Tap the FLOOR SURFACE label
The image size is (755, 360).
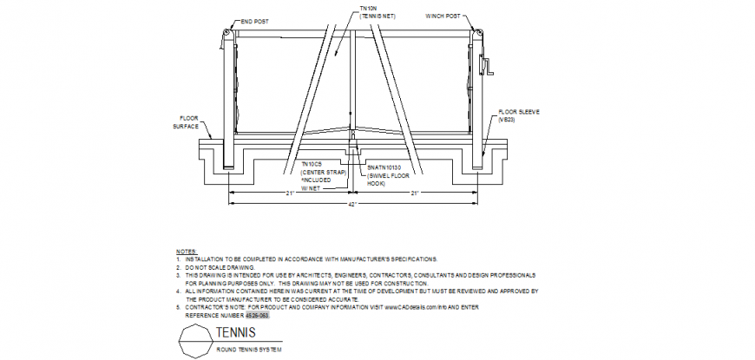(188, 121)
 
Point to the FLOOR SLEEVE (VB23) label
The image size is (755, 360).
(519, 116)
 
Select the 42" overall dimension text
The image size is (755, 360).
(355, 203)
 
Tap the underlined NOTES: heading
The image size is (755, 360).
(186, 251)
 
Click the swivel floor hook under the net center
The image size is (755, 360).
(352, 153)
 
